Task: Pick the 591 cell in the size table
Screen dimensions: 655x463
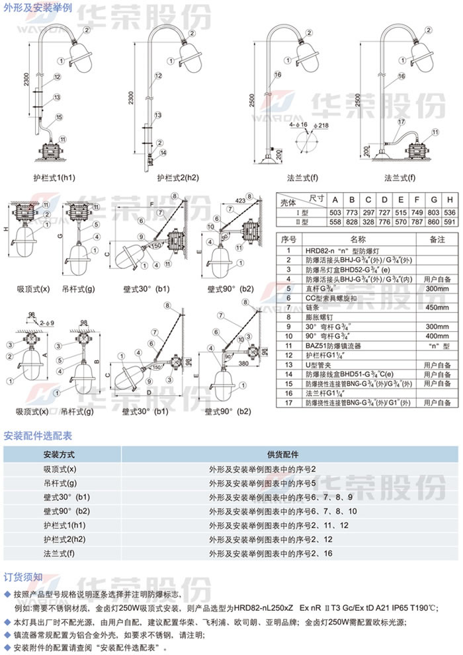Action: [x=450, y=222]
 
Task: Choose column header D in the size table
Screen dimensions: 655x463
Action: [x=384, y=200]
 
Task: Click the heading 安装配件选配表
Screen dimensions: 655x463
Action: [x=38, y=436]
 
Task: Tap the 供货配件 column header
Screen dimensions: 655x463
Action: [x=282, y=455]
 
